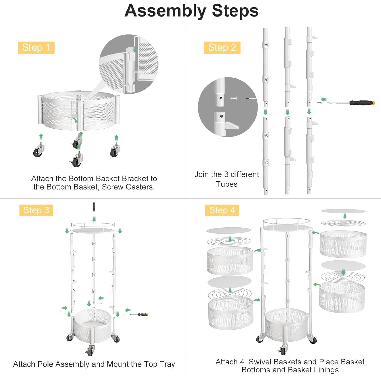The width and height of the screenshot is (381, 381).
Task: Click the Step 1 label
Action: (36, 47)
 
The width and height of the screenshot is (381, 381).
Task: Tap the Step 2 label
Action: (222, 47)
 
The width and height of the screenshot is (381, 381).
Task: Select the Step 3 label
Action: (36, 210)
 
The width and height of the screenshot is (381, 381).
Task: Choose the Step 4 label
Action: (222, 210)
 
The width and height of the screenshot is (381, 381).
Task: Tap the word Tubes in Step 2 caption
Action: (227, 184)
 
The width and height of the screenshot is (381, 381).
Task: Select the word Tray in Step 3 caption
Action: (167, 364)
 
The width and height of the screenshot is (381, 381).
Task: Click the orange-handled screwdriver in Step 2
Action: (351, 103)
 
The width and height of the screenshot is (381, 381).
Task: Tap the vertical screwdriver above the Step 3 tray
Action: (94, 208)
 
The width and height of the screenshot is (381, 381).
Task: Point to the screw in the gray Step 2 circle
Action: (233, 98)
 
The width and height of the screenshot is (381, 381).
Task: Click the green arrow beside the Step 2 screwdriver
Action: (324, 99)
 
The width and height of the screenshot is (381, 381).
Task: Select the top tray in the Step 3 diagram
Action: (93, 228)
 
